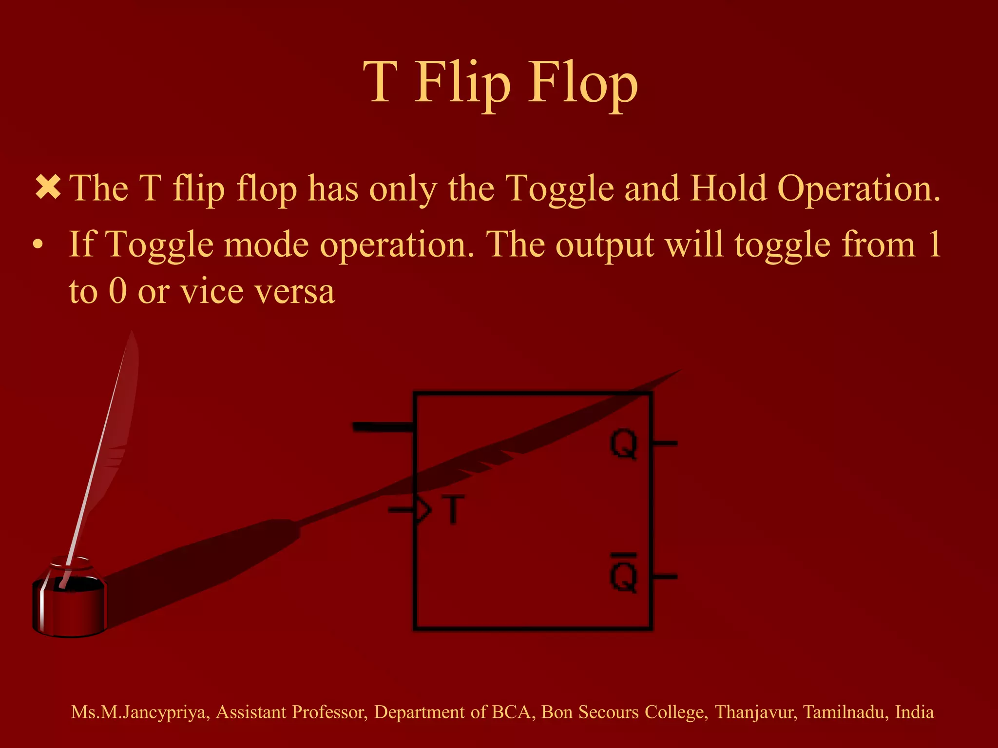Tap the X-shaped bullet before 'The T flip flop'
tap(48, 188)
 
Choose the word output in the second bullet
tap(604, 245)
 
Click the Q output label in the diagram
tap(624, 444)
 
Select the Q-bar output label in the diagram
tap(624, 575)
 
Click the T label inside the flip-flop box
tap(453, 509)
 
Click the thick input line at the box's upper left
tap(383, 428)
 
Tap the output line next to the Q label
tap(665, 443)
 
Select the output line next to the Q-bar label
tap(665, 577)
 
